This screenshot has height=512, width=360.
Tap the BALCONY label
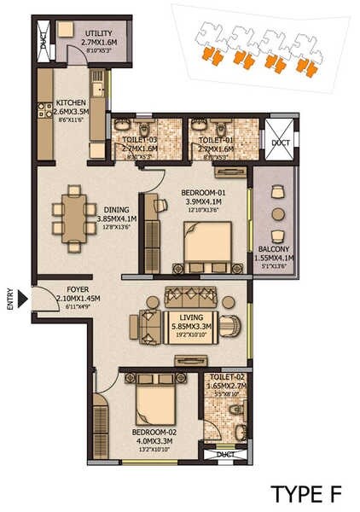(x=275, y=250)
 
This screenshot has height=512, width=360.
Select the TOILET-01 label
(x=216, y=137)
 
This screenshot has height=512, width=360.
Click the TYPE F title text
(x=307, y=492)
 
